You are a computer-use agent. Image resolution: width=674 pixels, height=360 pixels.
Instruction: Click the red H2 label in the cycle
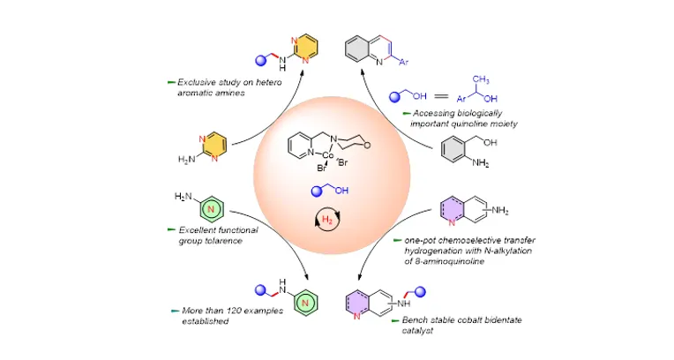(x=327, y=220)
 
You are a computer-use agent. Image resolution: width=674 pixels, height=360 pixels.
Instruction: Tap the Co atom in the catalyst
(x=328, y=154)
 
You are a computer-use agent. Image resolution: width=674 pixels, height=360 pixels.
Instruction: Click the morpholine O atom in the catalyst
(x=366, y=146)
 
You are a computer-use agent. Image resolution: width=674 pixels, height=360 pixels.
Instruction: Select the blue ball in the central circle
(x=317, y=191)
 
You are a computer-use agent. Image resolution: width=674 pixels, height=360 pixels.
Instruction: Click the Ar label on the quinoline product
(x=403, y=63)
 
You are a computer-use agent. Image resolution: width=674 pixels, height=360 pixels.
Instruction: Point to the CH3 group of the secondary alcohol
(x=480, y=80)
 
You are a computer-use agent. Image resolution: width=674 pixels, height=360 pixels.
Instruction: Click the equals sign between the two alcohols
(x=441, y=97)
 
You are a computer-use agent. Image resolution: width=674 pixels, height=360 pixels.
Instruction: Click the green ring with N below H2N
(x=211, y=208)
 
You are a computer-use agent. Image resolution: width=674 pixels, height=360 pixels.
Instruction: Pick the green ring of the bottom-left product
(x=305, y=303)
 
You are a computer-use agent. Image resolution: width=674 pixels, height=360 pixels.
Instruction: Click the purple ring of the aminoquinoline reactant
(x=453, y=210)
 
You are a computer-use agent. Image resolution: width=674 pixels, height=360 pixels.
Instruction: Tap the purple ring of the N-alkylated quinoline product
(x=357, y=304)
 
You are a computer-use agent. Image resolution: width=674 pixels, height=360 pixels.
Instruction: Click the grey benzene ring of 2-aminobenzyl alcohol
(x=453, y=149)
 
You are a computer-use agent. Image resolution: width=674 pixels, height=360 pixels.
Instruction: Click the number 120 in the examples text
(x=235, y=311)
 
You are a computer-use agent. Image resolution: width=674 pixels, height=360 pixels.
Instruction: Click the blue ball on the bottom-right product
(x=420, y=292)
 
